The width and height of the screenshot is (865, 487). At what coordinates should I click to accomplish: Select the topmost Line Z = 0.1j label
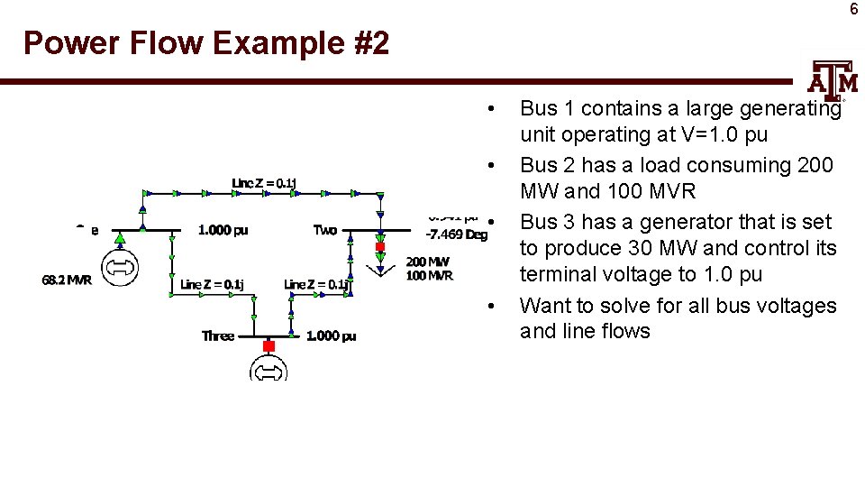click(264, 183)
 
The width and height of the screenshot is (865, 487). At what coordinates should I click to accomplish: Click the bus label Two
click(325, 230)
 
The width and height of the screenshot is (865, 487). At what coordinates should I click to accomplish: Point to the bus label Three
click(218, 335)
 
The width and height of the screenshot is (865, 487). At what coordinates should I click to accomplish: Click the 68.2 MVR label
click(67, 280)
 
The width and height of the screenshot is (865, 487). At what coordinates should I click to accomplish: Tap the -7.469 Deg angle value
click(457, 234)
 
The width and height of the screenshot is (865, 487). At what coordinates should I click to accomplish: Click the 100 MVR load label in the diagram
click(429, 275)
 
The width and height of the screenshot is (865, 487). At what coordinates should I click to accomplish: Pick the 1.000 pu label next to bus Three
click(331, 335)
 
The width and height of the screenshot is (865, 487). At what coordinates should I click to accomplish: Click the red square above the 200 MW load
click(380, 246)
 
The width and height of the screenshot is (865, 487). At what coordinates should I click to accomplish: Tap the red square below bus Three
click(268, 345)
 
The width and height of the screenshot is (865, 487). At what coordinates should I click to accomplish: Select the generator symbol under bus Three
click(269, 370)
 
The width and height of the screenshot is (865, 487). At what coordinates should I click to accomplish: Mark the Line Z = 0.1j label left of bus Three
click(211, 284)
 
